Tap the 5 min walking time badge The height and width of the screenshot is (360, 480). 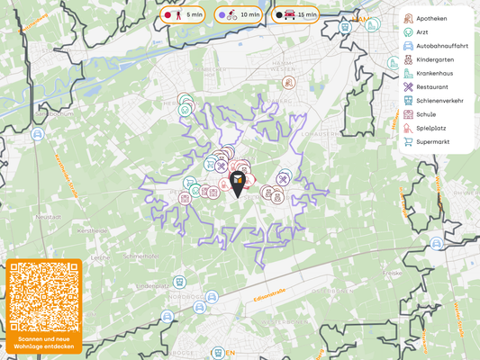click(x=183, y=15)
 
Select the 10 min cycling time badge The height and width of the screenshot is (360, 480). click(x=239, y=15)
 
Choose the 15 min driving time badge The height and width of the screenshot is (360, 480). click(x=296, y=15)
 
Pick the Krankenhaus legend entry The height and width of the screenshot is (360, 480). click(x=433, y=73)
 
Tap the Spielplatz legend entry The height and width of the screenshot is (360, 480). click(x=431, y=129)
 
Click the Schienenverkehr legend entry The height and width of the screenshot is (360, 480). click(x=439, y=101)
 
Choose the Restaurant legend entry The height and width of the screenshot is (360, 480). click(x=431, y=87)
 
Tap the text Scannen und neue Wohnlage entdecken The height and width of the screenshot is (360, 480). click(x=43, y=343)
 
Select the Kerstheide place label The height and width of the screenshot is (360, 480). click(x=92, y=231)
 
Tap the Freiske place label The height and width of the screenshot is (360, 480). click(x=392, y=273)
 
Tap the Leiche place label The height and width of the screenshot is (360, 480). click(x=99, y=257)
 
